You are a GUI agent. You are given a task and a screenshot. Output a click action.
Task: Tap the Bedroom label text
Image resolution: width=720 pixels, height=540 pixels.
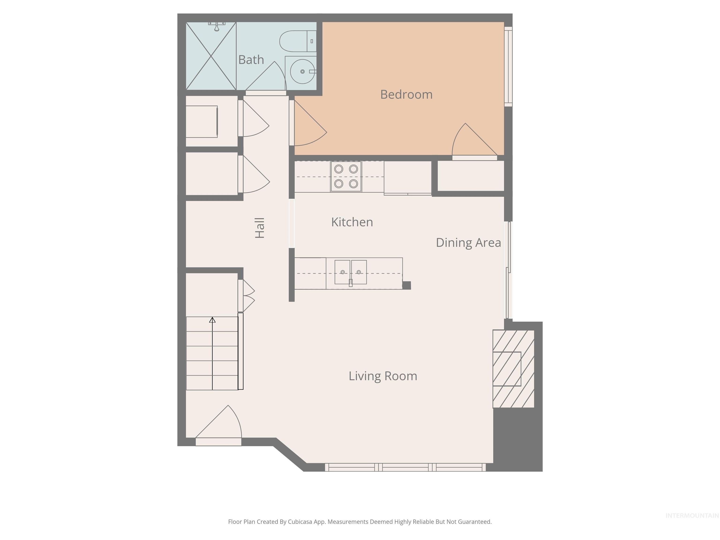coord(406,94)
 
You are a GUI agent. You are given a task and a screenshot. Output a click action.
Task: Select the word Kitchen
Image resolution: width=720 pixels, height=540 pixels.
coord(352,222)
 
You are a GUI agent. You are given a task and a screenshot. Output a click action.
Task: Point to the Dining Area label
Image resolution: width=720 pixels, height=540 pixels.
coord(468,243)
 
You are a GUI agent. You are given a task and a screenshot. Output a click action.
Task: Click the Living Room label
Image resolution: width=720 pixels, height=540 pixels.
coord(383,376)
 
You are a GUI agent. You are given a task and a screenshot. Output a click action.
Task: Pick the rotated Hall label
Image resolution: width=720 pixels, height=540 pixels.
coord(260,228)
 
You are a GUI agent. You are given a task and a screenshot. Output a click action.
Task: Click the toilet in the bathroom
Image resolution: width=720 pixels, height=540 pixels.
coord(297,41)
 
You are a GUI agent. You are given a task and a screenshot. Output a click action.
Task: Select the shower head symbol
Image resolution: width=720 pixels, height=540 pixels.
coord(217,26)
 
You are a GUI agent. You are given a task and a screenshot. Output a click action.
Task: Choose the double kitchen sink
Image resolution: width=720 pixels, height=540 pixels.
coord(351,272)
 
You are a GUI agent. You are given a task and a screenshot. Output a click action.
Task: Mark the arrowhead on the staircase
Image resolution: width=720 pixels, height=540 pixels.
coord(212,320)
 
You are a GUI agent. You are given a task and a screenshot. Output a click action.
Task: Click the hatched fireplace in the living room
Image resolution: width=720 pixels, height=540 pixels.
coord(513,368)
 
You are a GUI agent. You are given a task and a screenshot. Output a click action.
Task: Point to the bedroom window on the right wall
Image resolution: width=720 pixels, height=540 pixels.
coord(508,67)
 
